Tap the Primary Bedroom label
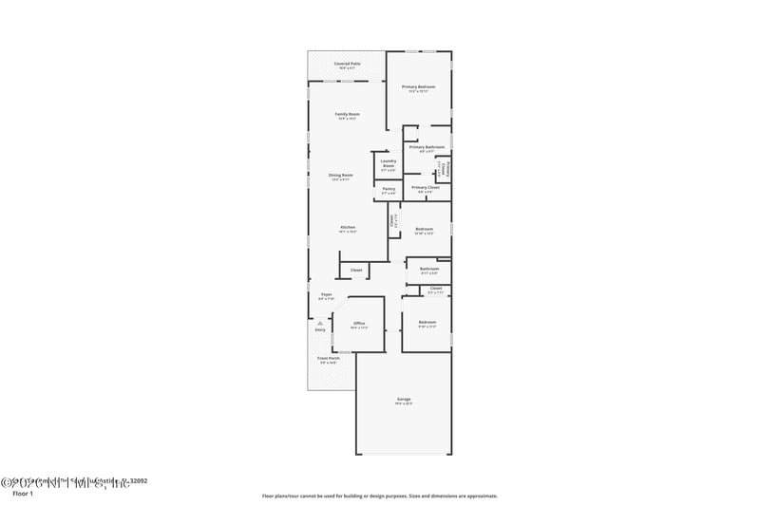(x=418, y=87)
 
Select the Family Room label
(x=347, y=114)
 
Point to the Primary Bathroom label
(x=427, y=147)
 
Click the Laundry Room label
(x=388, y=163)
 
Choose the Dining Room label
(x=341, y=175)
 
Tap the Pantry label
(x=389, y=188)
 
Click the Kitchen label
(x=348, y=228)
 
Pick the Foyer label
(x=326, y=295)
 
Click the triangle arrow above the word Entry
(x=320, y=323)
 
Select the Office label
(x=359, y=324)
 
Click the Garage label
(x=404, y=399)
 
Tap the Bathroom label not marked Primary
(x=429, y=269)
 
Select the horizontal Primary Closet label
(x=426, y=187)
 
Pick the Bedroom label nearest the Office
(x=427, y=324)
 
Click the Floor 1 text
(x=23, y=494)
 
